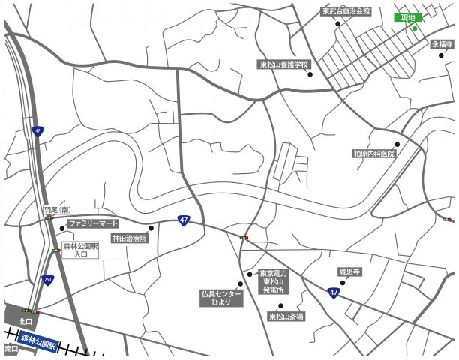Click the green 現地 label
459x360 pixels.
coord(408,17)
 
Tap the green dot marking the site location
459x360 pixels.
coord(414,28)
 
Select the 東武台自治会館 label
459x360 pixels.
coord(346,11)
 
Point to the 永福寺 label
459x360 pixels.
coord(442,44)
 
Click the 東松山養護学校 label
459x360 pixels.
coord(285,64)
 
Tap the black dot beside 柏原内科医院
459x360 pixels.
coord(397,144)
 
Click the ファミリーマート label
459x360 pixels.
coord(94,223)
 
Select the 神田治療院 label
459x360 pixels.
coord(130,238)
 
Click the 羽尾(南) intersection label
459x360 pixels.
coord(57,211)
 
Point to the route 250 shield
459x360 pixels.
coord(48,278)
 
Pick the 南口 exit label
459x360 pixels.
coord(10,349)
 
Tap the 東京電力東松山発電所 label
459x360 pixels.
coord(273,281)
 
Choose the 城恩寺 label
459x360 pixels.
coord(349,271)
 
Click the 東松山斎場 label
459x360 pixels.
coord(287,316)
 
